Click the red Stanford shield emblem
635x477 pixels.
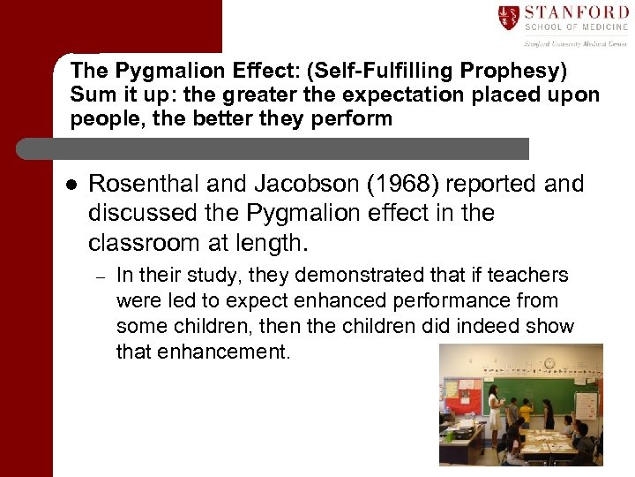click(x=510, y=17)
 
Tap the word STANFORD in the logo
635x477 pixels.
click(x=576, y=12)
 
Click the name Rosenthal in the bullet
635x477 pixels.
click(x=146, y=184)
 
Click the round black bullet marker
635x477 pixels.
click(x=71, y=185)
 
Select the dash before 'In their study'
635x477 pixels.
click(x=101, y=277)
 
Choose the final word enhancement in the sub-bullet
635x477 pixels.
click(x=203, y=352)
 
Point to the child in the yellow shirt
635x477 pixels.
click(x=527, y=412)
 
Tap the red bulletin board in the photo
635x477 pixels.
click(x=461, y=393)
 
